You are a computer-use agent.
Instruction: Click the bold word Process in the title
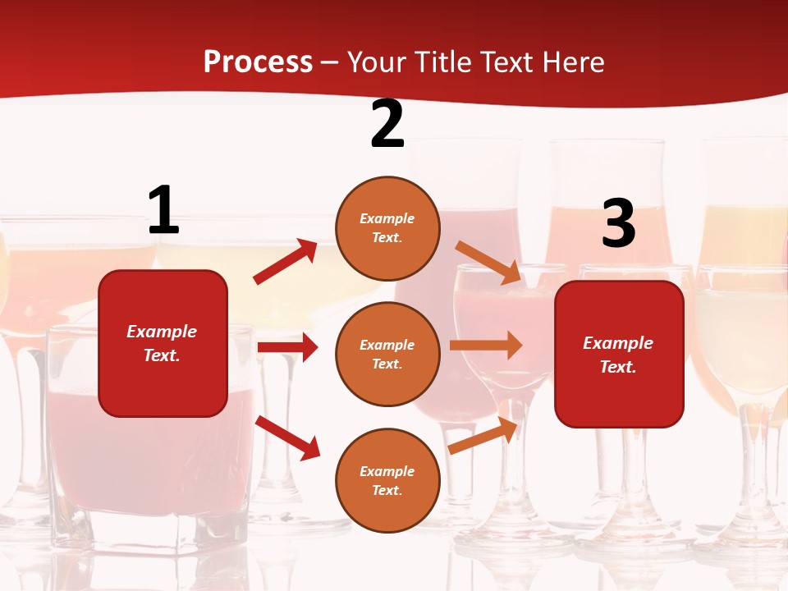point(258,62)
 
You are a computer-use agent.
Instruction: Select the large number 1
point(163,210)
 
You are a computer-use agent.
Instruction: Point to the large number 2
point(387,125)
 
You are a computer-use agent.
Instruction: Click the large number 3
point(618,224)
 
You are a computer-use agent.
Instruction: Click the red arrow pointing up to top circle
point(286,262)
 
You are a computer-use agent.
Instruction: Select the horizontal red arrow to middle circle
point(287,347)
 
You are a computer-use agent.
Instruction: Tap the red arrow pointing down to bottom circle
point(287,438)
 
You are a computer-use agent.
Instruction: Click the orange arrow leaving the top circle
point(488,262)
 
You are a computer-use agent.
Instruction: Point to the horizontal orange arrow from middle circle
point(486,345)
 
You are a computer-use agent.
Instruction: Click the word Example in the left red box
point(162,332)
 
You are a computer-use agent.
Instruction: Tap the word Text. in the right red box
point(618,367)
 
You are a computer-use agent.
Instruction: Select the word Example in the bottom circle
point(387,471)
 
